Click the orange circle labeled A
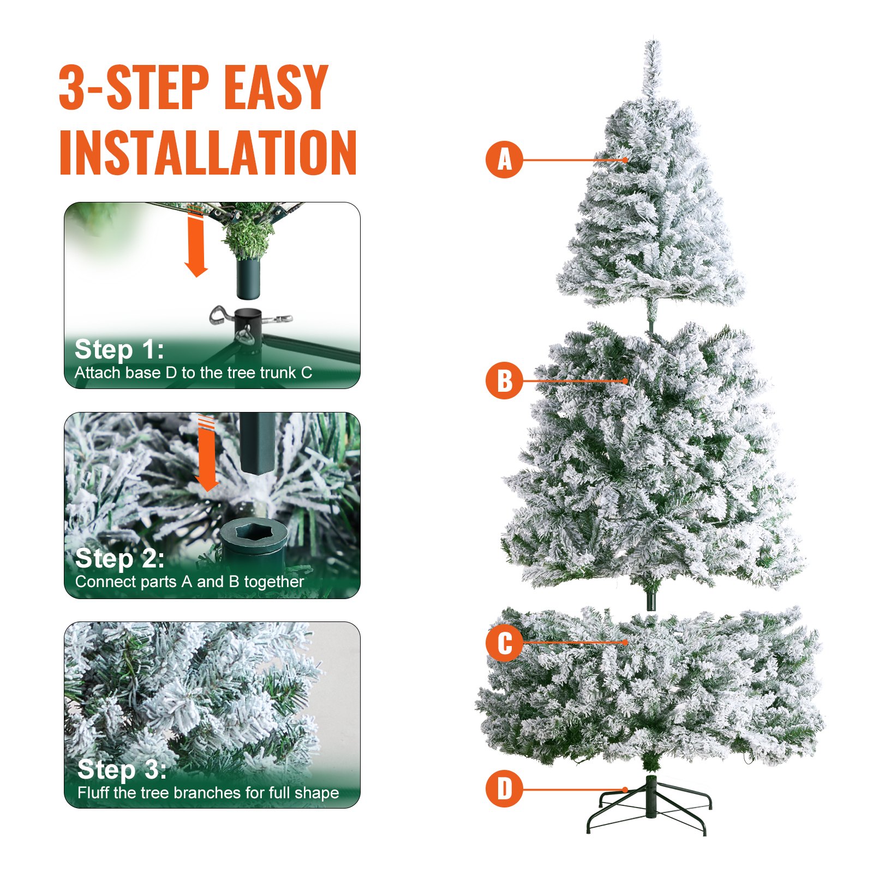504,160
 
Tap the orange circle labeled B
504,380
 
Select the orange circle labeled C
504,643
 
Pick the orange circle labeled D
504,789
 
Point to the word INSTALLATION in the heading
207,153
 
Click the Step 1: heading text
119,349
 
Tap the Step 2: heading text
119,558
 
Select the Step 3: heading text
122,769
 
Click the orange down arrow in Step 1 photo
195,243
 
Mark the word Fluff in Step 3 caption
93,792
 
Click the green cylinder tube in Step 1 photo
248,278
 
